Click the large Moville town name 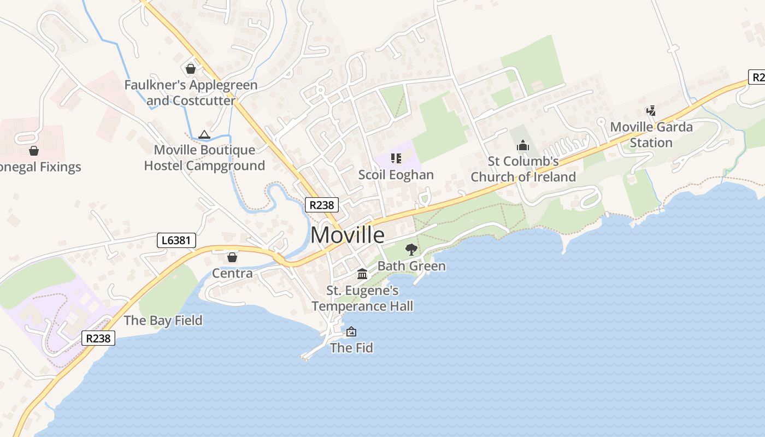coord(348,235)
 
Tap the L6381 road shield coord(176,240)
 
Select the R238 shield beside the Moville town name coord(322,205)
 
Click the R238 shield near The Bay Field coord(99,338)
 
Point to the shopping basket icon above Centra coord(232,257)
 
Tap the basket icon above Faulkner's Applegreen coord(191,69)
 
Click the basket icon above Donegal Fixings coord(34,151)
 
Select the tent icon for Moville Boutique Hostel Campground coord(204,134)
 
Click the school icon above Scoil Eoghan coord(396,158)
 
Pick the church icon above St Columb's coord(523,145)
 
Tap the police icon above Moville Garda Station coord(651,111)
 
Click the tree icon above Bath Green coord(411,250)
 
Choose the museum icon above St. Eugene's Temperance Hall coord(362,274)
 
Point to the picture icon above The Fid coord(351,331)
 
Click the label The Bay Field coord(163,320)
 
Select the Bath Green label coord(411,266)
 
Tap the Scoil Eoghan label coord(396,175)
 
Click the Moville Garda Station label coord(651,134)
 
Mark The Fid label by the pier coord(351,347)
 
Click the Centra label coord(232,273)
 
